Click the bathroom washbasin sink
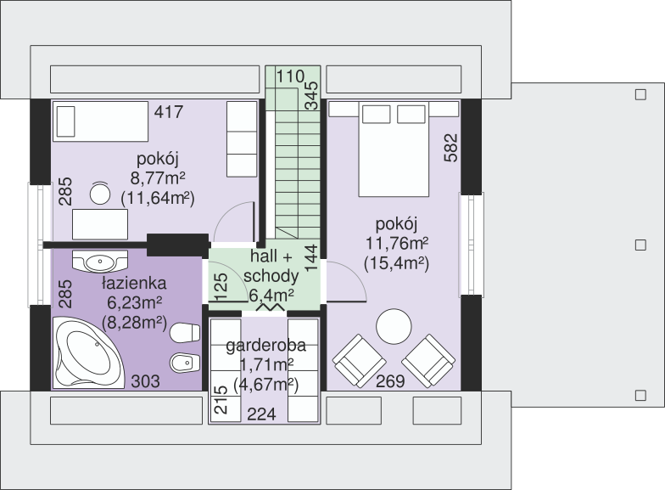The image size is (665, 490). [100, 262]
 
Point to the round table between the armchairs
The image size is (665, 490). [394, 326]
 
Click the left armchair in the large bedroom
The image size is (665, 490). [360, 361]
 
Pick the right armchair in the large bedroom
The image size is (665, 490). [428, 361]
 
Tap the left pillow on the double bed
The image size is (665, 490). [376, 114]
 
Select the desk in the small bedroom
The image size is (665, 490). [100, 224]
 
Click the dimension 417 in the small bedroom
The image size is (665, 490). [169, 112]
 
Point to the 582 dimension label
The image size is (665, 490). [451, 148]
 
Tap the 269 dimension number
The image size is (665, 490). [390, 382]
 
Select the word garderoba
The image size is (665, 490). [266, 346]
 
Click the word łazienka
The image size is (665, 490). [134, 284]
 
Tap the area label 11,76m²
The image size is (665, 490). [397, 244]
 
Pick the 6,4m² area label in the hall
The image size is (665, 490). [271, 295]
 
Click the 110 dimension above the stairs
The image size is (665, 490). [290, 76]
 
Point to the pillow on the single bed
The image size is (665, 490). [66, 121]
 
